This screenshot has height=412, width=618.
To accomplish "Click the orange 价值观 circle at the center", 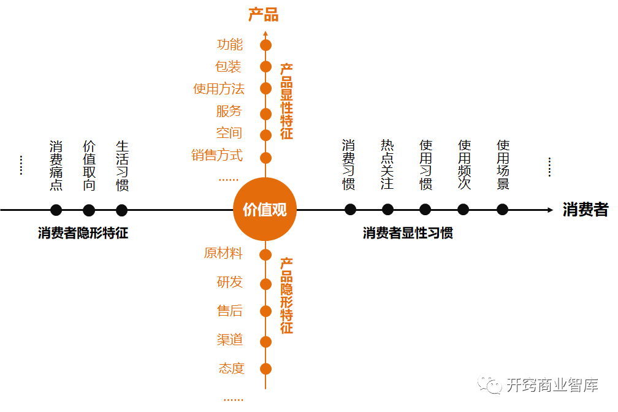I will click(x=265, y=210).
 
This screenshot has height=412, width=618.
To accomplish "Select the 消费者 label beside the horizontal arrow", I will click(x=586, y=210).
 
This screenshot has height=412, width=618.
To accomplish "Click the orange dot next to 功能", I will click(x=265, y=45).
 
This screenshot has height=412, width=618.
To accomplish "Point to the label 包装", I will click(x=228, y=67).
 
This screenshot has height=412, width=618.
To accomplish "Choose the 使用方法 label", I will click(x=219, y=89).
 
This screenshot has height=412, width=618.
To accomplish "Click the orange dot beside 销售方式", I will click(x=265, y=158).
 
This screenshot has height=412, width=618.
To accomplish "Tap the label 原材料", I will click(x=223, y=253).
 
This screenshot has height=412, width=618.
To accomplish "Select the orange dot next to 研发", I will click(x=265, y=284).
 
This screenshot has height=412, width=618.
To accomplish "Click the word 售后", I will click(x=230, y=311).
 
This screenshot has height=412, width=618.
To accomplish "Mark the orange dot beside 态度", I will click(x=265, y=368).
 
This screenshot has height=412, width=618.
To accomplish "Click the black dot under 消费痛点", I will click(x=56, y=210).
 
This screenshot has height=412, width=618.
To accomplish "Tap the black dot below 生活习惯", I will click(x=122, y=210).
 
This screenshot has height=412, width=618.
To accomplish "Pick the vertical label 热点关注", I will click(x=387, y=164).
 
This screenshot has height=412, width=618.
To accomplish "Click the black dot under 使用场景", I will click(x=503, y=210).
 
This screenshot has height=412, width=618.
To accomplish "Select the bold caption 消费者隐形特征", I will click(x=83, y=233).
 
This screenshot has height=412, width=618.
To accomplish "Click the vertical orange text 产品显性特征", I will click(x=286, y=101).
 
